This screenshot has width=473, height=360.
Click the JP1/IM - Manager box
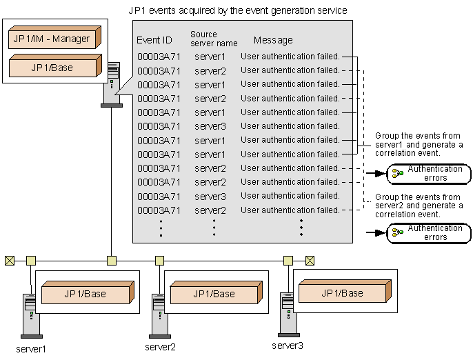[52, 39]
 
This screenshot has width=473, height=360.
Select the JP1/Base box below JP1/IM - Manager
[52, 68]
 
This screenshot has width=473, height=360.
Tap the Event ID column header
[154, 40]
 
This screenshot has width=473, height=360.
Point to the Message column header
[273, 40]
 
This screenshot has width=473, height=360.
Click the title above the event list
[237, 11]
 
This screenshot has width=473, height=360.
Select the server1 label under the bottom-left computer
[31, 348]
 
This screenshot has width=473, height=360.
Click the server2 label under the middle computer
[161, 346]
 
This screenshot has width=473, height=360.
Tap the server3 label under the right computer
[287, 345]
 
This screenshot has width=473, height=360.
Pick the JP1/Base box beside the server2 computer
[214, 294]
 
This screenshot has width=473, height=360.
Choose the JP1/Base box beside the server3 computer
[342, 293]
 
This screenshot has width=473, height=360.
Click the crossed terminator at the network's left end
[9, 260]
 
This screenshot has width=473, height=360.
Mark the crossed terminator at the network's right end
[310, 260]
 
